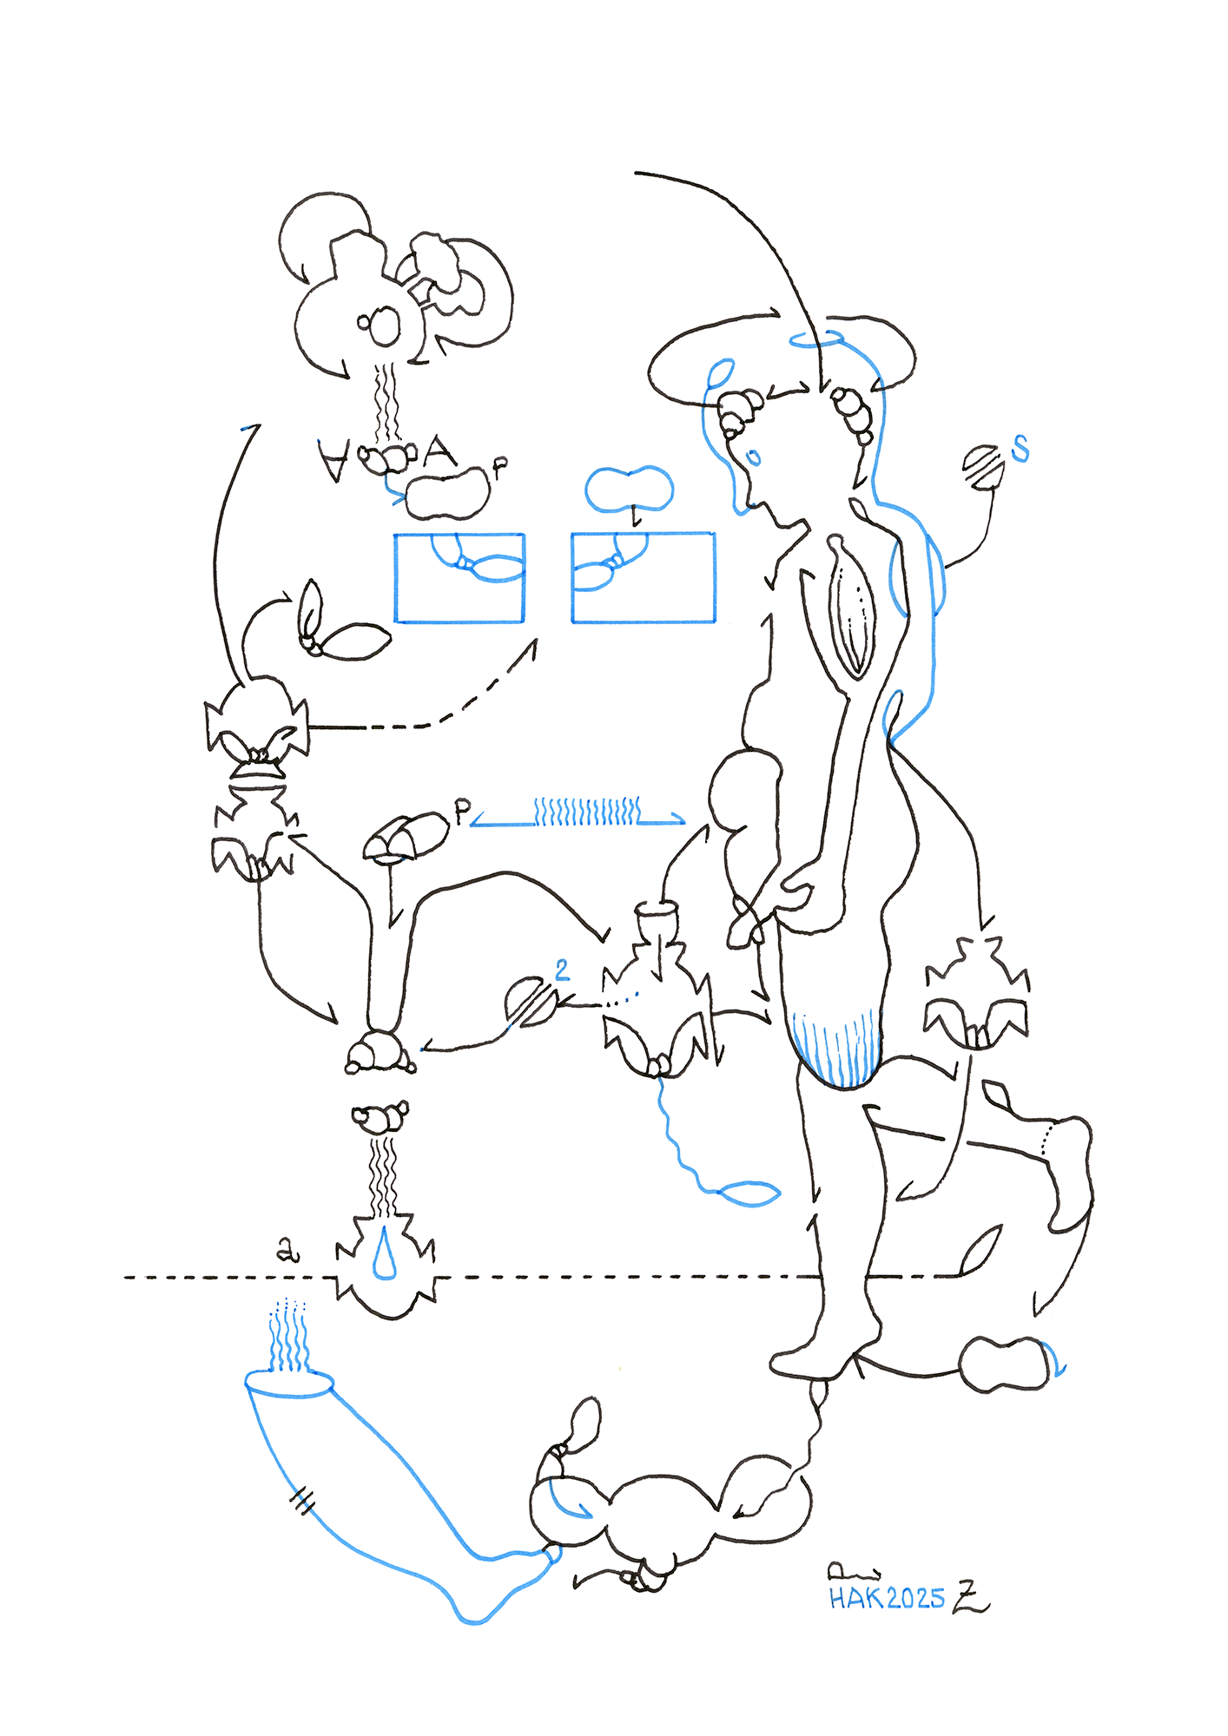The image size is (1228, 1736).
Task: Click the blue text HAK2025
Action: [886, 1598]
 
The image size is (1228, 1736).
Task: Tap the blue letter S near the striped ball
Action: [1020, 448]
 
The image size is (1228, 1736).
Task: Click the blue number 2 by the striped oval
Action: [563, 970]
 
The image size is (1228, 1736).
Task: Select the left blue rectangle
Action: [459, 578]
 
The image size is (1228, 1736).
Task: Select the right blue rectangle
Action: [643, 578]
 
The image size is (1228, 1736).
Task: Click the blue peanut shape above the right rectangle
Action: [629, 489]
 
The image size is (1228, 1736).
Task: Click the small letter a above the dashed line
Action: [287, 1250]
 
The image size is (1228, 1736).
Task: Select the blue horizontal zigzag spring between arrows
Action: [587, 812]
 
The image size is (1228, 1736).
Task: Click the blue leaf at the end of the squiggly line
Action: [751, 1194]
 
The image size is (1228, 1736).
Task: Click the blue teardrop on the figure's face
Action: [754, 457]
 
